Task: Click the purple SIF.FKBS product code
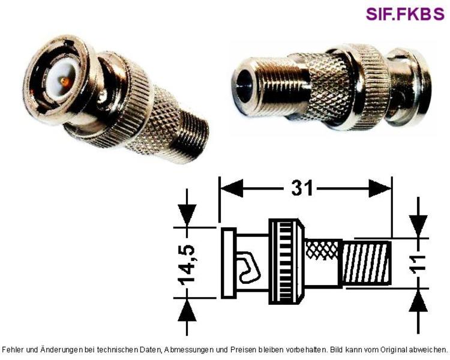coord(405,13)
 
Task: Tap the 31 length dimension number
coord(302,188)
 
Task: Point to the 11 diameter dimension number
coord(419,263)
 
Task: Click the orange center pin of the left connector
coord(65,82)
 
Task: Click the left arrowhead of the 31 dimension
coord(232,188)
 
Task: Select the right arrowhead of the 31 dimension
coord(380,188)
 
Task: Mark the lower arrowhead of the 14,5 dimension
coord(187,311)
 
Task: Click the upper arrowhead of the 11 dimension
coord(418,226)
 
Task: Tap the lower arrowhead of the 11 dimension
coord(418,301)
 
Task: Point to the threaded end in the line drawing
coord(367,263)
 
